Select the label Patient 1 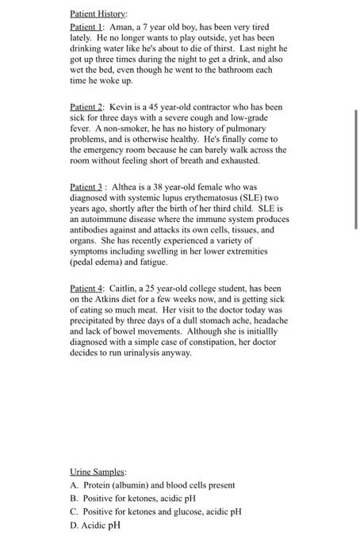click(86, 27)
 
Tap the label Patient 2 click(86, 106)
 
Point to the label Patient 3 click(86, 186)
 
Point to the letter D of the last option click(74, 525)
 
